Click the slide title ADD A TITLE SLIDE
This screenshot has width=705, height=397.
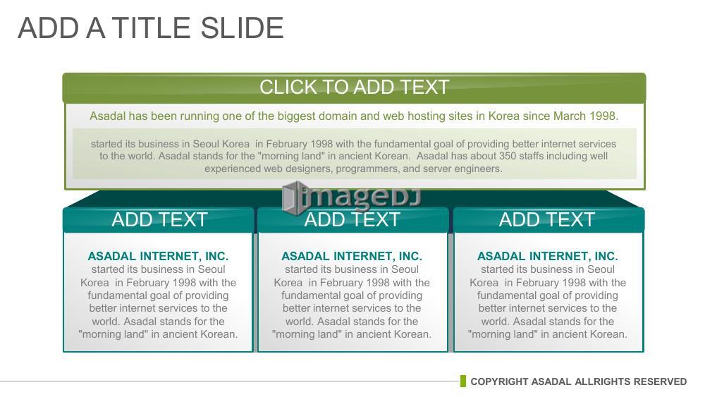coord(151,28)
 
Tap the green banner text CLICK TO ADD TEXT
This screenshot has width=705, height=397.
coord(355,87)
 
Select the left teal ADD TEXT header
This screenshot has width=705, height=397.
coord(159,220)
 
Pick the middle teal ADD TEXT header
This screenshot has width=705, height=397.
coord(352,220)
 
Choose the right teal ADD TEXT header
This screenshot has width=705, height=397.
coord(547,220)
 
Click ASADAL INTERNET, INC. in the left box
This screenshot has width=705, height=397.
coord(158,256)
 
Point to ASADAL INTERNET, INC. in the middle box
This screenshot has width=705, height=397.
coord(352,256)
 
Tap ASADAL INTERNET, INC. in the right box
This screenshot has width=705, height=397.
coord(548,256)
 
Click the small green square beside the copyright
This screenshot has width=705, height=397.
coord(463,381)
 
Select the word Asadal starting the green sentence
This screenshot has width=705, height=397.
coord(107,116)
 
